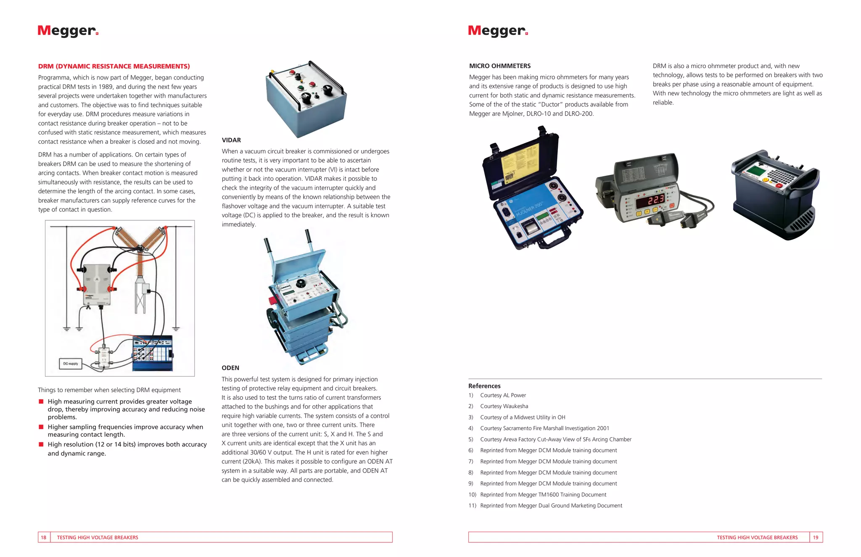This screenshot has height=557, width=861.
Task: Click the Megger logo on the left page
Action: (x=68, y=31)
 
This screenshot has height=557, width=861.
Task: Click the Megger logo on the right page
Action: (x=498, y=31)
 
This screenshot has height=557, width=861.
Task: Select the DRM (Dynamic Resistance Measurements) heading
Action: (x=114, y=66)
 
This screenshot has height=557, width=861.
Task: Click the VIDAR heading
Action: (x=231, y=140)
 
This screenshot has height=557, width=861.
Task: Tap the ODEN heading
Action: (x=230, y=368)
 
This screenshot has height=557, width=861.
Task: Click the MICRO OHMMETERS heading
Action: (x=500, y=66)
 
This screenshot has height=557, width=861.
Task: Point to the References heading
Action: (x=484, y=386)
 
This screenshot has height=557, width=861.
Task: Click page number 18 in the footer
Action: (x=44, y=537)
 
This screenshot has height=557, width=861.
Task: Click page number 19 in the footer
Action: (x=816, y=537)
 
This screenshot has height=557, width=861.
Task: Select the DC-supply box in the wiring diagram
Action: (x=70, y=364)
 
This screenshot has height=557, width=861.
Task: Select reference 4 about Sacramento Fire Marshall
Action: (x=544, y=428)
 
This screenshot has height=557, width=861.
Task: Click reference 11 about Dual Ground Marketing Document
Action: (x=551, y=506)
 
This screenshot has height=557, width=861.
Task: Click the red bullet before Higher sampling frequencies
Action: (x=41, y=427)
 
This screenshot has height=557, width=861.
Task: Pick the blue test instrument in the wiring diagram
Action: (x=152, y=353)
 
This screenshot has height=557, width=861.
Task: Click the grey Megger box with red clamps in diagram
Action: (x=97, y=284)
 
